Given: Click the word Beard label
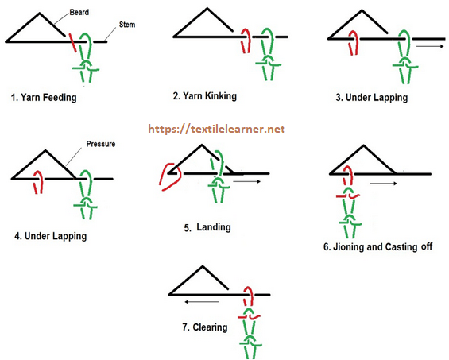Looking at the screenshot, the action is (79, 12).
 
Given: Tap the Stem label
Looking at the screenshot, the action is (127, 25).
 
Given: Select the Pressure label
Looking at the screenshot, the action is (101, 144).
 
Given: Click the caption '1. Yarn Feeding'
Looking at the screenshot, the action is (44, 98).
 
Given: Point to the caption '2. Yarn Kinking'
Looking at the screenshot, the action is (205, 95).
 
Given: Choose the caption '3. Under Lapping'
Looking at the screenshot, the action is (372, 98).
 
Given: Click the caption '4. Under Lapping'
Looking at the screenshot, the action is (51, 236).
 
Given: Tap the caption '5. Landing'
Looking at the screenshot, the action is (207, 227).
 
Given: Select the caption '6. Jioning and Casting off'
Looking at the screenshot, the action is (377, 246).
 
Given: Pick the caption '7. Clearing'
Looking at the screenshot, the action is (205, 327).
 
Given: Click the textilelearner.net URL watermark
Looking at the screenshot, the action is (216, 129).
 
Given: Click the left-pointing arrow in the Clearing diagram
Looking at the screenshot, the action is (202, 301).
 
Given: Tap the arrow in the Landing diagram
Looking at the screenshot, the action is (246, 181).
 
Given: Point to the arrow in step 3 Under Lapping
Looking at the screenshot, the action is (431, 46).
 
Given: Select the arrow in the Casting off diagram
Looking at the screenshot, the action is (383, 184).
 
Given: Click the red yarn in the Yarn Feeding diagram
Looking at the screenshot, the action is (72, 43).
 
